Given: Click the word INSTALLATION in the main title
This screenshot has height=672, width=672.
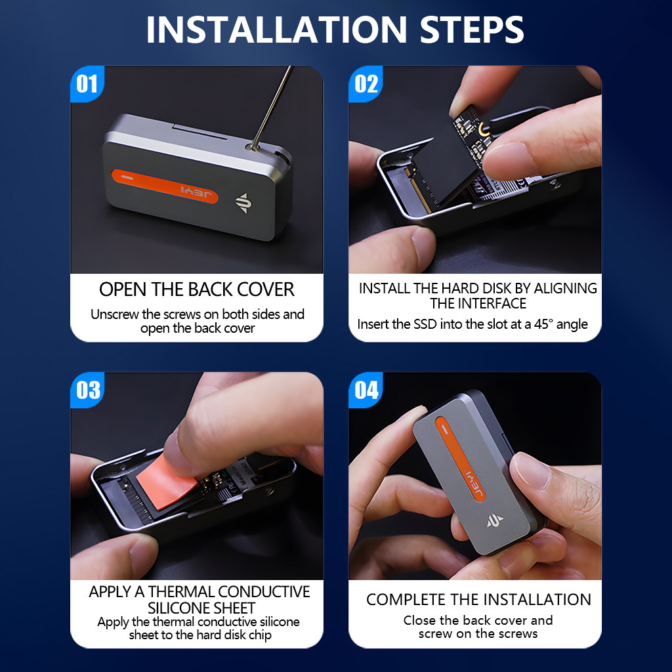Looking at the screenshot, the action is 276,30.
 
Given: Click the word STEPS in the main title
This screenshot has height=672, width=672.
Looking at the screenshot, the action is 472,30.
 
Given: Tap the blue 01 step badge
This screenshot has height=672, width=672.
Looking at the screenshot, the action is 87,84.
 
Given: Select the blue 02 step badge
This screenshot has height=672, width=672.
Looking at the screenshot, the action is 366,84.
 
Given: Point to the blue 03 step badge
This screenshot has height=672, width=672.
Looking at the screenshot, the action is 87,390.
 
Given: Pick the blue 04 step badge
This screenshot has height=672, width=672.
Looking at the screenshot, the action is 366,390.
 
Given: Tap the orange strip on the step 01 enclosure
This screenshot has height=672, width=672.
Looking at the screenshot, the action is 165,186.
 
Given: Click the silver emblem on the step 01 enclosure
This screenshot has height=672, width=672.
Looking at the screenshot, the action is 243,203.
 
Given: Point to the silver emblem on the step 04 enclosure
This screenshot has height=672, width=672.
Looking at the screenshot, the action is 495,520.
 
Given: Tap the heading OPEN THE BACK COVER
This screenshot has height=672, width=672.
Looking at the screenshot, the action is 197,289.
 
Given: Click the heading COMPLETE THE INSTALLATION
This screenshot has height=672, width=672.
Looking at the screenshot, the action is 478,600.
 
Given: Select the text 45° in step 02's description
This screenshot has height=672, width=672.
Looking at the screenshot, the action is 544,324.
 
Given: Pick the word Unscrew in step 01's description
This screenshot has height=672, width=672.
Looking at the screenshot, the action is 115,314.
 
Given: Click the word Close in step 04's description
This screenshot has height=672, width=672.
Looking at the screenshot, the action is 419,620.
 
